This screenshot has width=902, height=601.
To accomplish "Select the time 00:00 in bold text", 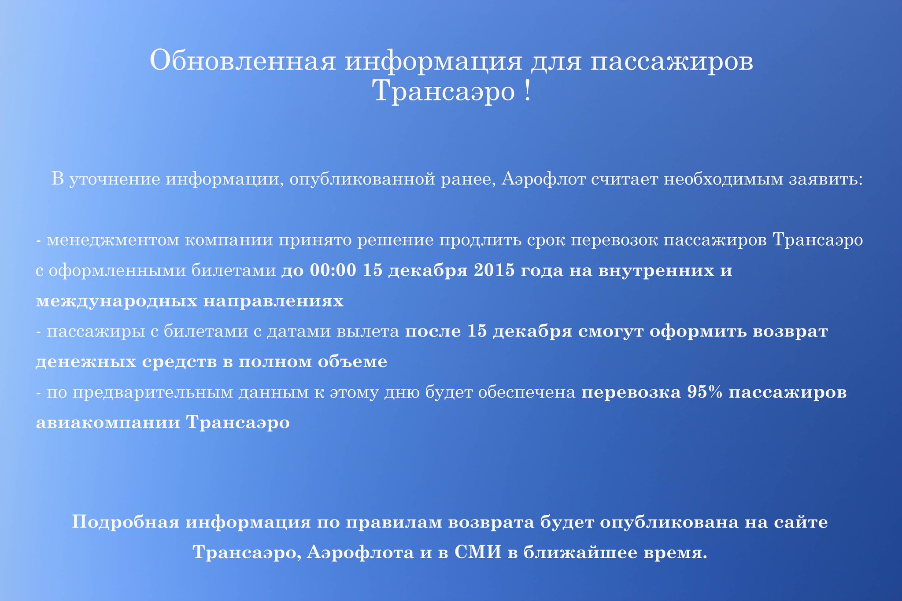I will (333, 270).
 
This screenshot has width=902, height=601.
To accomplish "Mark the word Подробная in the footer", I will (126, 522).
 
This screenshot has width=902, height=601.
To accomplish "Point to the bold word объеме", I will (357, 362).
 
